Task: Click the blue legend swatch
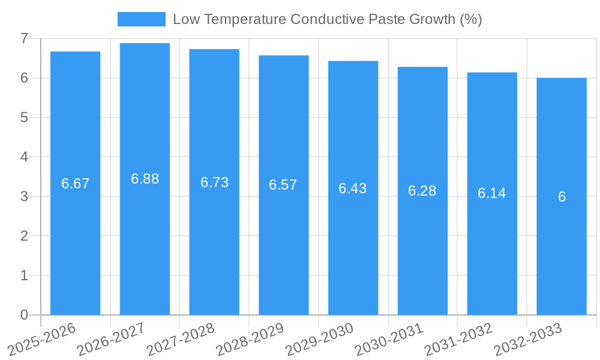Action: [x=141, y=19]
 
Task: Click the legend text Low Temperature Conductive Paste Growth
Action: [x=327, y=19]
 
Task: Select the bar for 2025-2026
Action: [x=75, y=240]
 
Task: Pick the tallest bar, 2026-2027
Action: [x=145, y=240]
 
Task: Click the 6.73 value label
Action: [x=214, y=182]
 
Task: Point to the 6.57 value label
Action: [x=283, y=185]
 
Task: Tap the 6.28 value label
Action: [x=422, y=191]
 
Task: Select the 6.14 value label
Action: [x=492, y=193]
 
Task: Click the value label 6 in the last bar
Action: [x=562, y=197]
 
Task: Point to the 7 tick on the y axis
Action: [x=24, y=38]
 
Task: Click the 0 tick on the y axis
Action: [x=24, y=315]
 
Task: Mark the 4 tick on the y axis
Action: [x=24, y=157]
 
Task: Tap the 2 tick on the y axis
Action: [x=24, y=236]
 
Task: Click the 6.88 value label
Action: [x=145, y=179]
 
